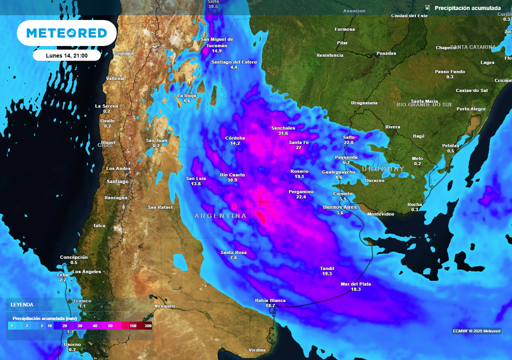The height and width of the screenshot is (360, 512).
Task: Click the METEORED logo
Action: click(66, 33)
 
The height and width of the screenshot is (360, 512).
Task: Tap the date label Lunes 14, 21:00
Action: click(66, 55)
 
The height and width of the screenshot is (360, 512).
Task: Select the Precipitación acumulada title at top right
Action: click(467, 8)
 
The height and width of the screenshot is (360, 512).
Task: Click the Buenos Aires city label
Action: click(340, 207)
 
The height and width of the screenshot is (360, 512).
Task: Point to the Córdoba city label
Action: click(235, 138)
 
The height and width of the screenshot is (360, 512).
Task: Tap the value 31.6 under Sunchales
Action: click(283, 133)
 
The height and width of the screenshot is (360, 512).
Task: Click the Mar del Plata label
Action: click(355, 284)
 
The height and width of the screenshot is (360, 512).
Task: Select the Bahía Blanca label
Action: click(270, 300)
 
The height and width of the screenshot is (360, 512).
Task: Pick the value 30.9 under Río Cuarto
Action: click(232, 180)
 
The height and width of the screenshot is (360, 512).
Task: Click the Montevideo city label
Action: click(380, 214)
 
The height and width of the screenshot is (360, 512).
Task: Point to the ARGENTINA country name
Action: click(220, 216)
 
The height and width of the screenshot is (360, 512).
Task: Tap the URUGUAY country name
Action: click(383, 169)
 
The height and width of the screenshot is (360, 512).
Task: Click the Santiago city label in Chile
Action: click(117, 181)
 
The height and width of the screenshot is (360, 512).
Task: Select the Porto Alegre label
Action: click(471, 109)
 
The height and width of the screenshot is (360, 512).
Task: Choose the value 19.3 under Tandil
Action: click(327, 273)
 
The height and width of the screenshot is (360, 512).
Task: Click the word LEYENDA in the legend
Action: click(22, 304)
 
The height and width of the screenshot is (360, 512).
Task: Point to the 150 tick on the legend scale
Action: click(133, 326)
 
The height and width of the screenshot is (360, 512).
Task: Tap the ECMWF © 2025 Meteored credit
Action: click(476, 331)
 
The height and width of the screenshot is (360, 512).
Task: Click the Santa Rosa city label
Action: click(233, 252)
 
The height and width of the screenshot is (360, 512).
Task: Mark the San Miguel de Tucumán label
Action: click(216, 42)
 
